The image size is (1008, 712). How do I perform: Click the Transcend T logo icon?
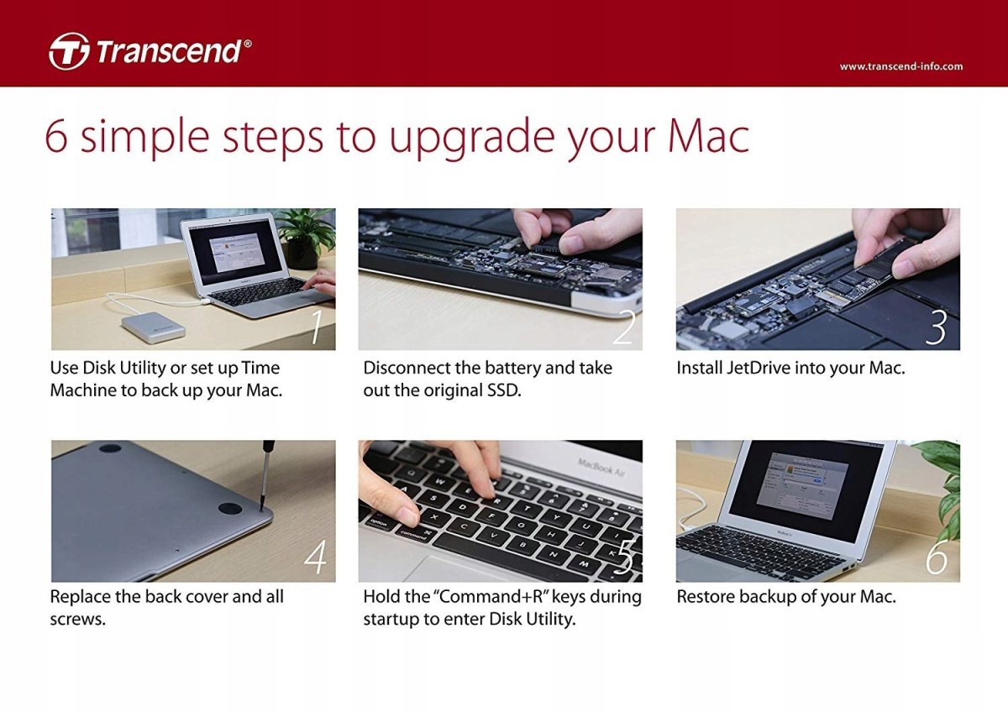tap(69, 51)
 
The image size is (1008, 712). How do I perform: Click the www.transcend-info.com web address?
tap(900, 66)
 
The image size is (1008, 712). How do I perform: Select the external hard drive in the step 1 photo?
tap(153, 327)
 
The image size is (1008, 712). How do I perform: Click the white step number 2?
tap(624, 327)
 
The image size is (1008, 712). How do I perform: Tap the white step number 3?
tap(936, 327)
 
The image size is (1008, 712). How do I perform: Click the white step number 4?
tap(315, 558)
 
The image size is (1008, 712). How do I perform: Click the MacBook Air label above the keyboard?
tap(601, 467)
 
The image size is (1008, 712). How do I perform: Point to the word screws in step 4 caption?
tap(77, 620)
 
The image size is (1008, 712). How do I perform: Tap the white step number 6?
tap(937, 558)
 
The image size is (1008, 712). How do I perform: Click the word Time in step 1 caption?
tap(260, 368)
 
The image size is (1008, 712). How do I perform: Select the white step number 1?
tap(317, 327)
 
